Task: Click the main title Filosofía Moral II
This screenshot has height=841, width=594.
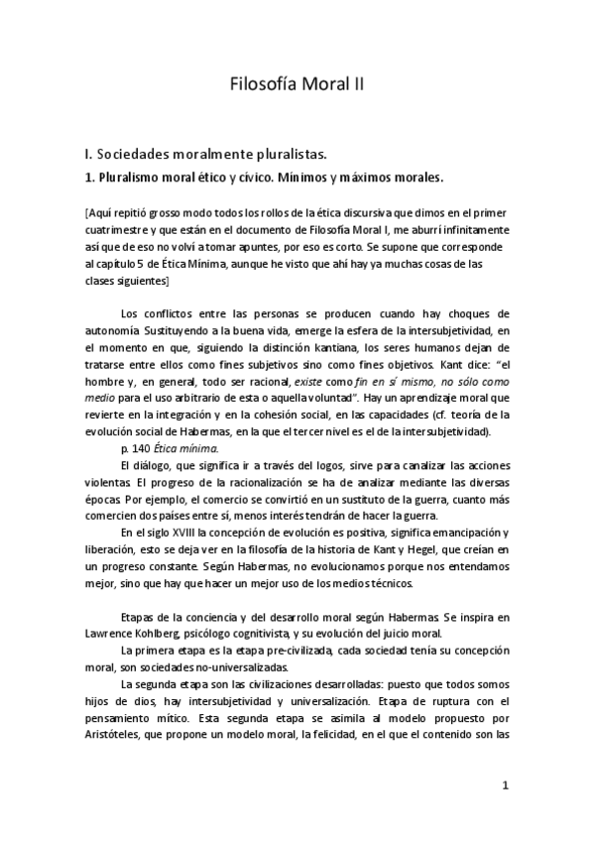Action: pos(297,84)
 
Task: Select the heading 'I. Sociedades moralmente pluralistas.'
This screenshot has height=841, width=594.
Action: pos(206,155)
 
